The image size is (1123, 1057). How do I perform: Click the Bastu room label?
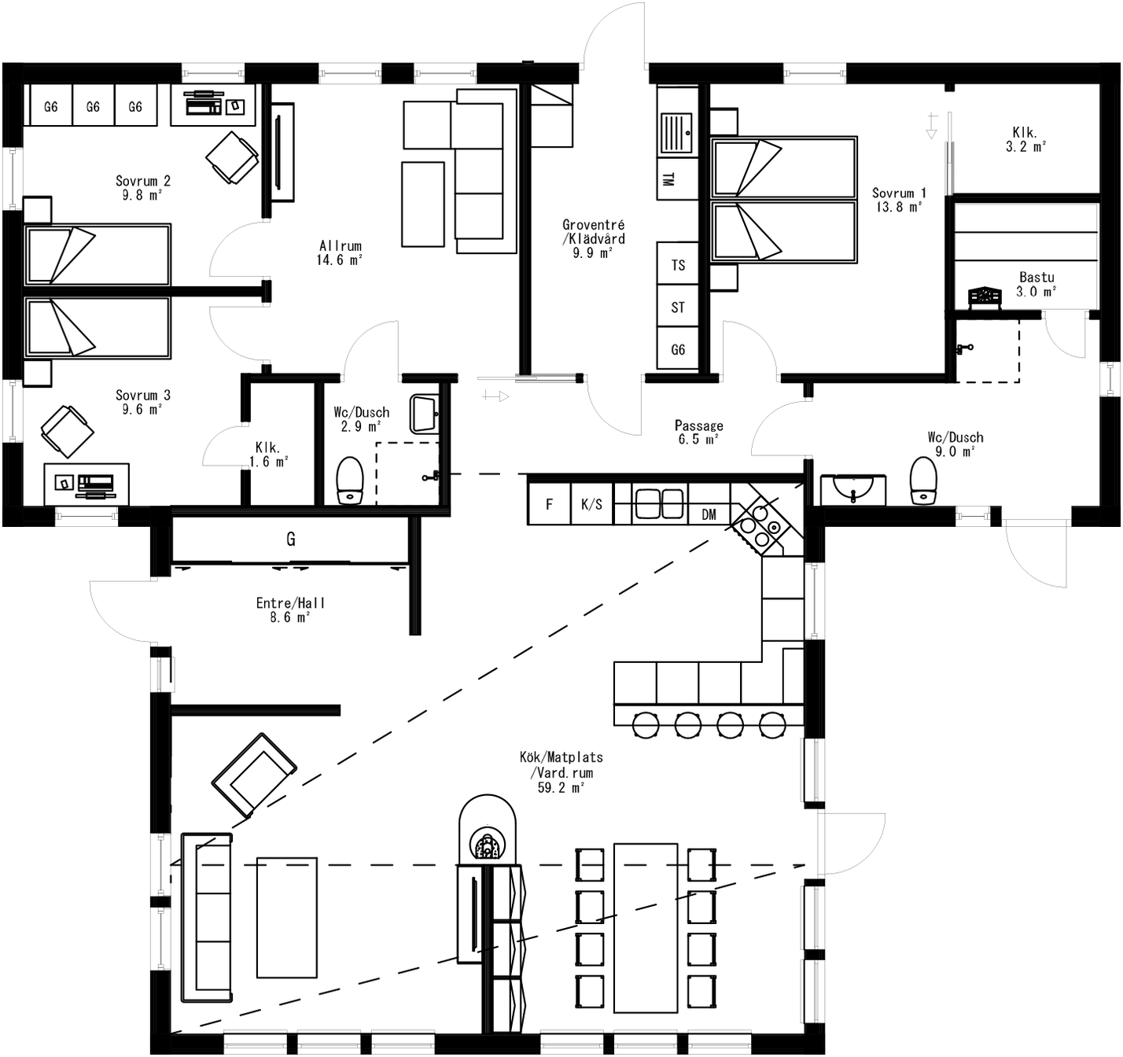(1036, 284)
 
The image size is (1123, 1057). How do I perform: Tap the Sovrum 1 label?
(898, 200)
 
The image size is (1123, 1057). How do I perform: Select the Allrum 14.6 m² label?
(340, 252)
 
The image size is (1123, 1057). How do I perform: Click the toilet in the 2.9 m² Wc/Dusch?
(350, 479)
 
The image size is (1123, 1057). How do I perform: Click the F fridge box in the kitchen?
(549, 504)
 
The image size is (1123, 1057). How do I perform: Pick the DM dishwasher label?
(709, 514)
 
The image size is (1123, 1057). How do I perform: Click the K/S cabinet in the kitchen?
(591, 504)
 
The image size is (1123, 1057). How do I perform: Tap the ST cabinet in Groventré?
(677, 308)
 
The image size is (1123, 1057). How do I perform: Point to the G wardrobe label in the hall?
(290, 540)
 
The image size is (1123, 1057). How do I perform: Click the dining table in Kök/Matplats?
(646, 928)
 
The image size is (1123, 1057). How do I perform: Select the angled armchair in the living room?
(254, 775)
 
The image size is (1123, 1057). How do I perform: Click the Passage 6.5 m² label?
(698, 433)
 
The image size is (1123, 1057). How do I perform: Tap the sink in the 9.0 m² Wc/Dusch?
(852, 489)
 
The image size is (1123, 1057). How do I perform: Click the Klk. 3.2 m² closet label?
(1025, 139)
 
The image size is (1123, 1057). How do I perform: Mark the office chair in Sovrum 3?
(68, 431)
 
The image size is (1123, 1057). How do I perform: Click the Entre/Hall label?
(290, 610)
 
